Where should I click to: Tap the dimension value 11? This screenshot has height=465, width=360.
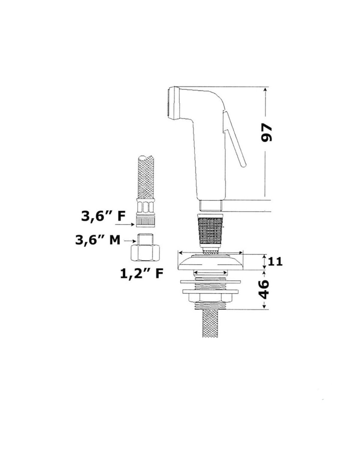(275, 261)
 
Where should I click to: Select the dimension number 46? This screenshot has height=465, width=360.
(263, 289)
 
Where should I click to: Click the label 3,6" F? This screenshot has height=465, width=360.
(103, 216)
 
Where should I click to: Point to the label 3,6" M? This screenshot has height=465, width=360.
(98, 240)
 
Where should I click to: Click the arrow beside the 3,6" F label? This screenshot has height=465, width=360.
(125, 224)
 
